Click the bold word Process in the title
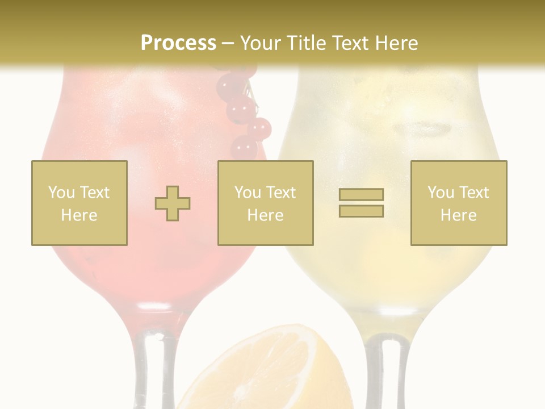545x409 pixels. (178, 43)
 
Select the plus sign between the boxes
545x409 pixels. (173, 203)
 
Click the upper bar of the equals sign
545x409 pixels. (361, 194)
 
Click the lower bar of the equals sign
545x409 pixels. (361, 211)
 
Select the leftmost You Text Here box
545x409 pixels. (79, 203)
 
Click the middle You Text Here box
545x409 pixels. (265, 203)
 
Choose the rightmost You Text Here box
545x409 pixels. (458, 203)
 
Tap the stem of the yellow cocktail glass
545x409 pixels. (386, 372)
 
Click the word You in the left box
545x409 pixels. (61, 193)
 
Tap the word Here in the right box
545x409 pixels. (458, 215)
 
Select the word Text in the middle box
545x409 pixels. (280, 193)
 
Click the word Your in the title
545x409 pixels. (260, 43)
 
